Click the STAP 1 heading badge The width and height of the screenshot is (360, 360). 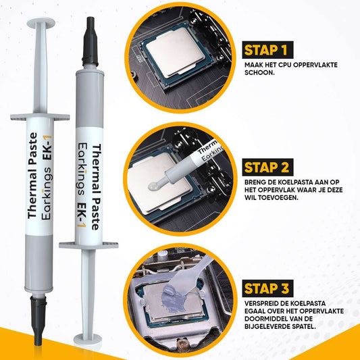point(267,50)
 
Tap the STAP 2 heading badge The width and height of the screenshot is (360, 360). point(267,167)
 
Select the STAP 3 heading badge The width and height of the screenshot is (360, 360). point(267,288)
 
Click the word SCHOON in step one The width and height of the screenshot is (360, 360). point(259,72)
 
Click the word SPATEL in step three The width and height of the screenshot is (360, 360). point(301,326)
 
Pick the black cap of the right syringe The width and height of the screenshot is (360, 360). point(91,41)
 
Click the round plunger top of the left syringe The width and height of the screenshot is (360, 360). point(41,23)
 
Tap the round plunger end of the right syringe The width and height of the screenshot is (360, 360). point(88,339)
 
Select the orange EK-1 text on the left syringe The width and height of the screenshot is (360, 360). point(48,147)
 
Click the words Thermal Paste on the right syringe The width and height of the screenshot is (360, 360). point(97,187)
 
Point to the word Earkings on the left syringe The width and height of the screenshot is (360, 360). point(47,193)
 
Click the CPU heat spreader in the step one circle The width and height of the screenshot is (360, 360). point(175,51)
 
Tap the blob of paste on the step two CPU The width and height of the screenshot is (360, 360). point(153,186)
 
